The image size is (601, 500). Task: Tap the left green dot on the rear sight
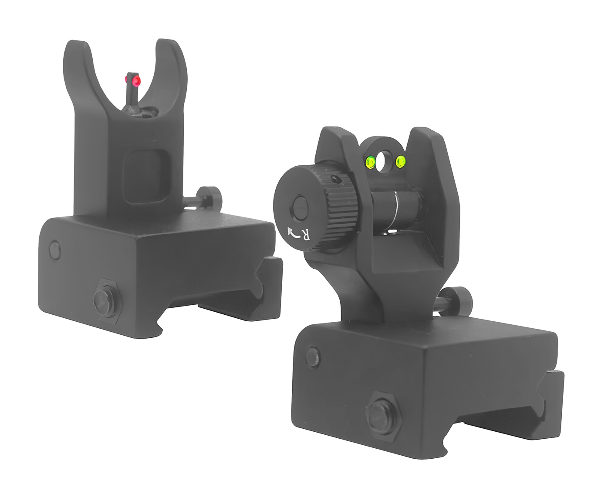[x=370, y=162]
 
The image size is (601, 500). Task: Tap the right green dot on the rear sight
[x=401, y=161]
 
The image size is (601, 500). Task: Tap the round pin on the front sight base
[x=55, y=250]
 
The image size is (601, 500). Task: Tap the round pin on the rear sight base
[x=313, y=356]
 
